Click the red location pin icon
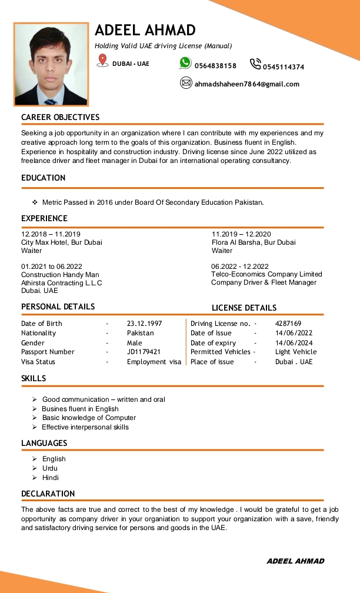tap(102, 60)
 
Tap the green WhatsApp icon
tap(185, 63)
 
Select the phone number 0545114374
tap(284, 67)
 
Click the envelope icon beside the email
tap(186, 83)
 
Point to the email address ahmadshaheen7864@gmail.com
tap(247, 84)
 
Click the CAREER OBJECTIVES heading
tap(61, 117)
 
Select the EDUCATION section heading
tap(44, 178)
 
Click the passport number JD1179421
tap(144, 352)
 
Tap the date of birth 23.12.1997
tap(145, 324)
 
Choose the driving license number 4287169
tap(288, 324)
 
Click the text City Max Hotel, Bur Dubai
tap(62, 242)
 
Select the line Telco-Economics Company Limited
tap(266, 274)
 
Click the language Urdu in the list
tap(50, 468)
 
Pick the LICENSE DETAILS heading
tap(244, 308)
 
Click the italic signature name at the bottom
tap(295, 561)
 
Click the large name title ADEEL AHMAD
tap(145, 30)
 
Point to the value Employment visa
tap(154, 362)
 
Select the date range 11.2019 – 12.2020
tap(241, 234)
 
